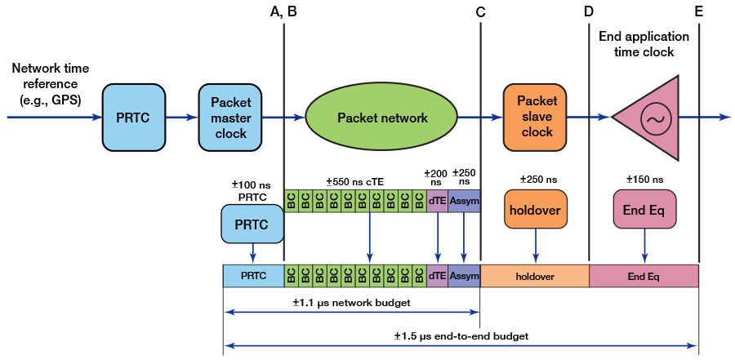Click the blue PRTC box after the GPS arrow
[x=133, y=118]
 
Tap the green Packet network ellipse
[x=382, y=118]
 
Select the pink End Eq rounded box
[x=646, y=208]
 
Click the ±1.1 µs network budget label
[x=351, y=303]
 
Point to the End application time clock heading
[x=644, y=44]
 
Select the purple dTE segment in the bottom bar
[x=438, y=276]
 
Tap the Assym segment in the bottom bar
[x=464, y=276]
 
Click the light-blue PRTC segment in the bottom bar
[x=253, y=276]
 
